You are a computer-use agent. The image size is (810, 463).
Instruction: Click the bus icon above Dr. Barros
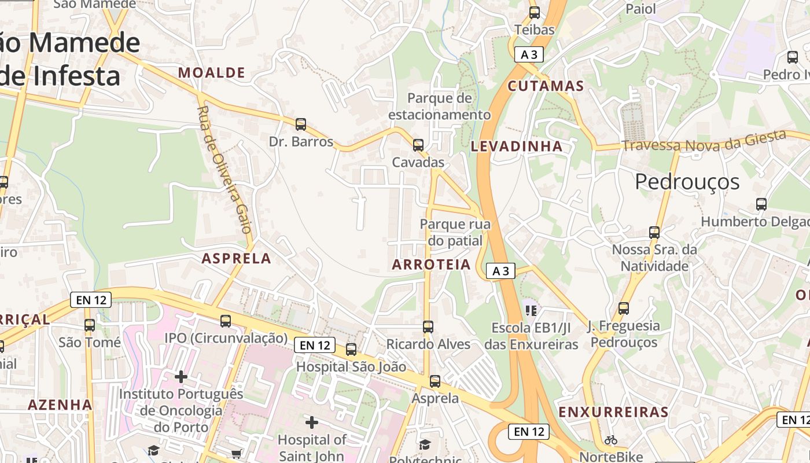[x=301, y=124]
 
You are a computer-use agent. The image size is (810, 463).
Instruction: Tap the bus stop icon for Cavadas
[x=418, y=145]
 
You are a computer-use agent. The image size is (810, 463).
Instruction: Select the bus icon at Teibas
[x=535, y=12]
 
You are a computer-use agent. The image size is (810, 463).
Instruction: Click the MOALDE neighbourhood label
[x=212, y=72]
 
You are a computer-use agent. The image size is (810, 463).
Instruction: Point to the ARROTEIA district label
[x=432, y=264]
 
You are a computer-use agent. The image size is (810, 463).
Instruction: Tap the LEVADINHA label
[x=517, y=146]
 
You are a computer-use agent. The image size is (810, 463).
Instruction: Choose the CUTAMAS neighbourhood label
[x=546, y=86]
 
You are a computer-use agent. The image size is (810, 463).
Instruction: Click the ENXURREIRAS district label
[x=613, y=412]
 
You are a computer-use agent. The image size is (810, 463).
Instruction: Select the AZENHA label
[x=60, y=405]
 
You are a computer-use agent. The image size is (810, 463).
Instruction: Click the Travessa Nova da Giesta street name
[x=704, y=142]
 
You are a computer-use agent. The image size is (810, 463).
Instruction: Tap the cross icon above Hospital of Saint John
[x=312, y=422]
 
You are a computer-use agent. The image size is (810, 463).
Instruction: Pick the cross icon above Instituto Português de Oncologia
[x=181, y=377]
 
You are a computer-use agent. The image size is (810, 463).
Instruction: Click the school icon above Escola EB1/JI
[x=531, y=311]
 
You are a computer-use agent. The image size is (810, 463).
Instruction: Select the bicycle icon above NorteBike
[x=610, y=440]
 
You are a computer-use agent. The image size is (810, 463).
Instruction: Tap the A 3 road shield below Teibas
[x=529, y=55]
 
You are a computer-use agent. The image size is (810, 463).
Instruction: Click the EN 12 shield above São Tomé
[x=91, y=300]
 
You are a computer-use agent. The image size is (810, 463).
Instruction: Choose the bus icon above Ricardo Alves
[x=428, y=327]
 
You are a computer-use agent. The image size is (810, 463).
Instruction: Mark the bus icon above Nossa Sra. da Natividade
[x=654, y=233]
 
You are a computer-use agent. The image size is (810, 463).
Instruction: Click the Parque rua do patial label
[x=455, y=232]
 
